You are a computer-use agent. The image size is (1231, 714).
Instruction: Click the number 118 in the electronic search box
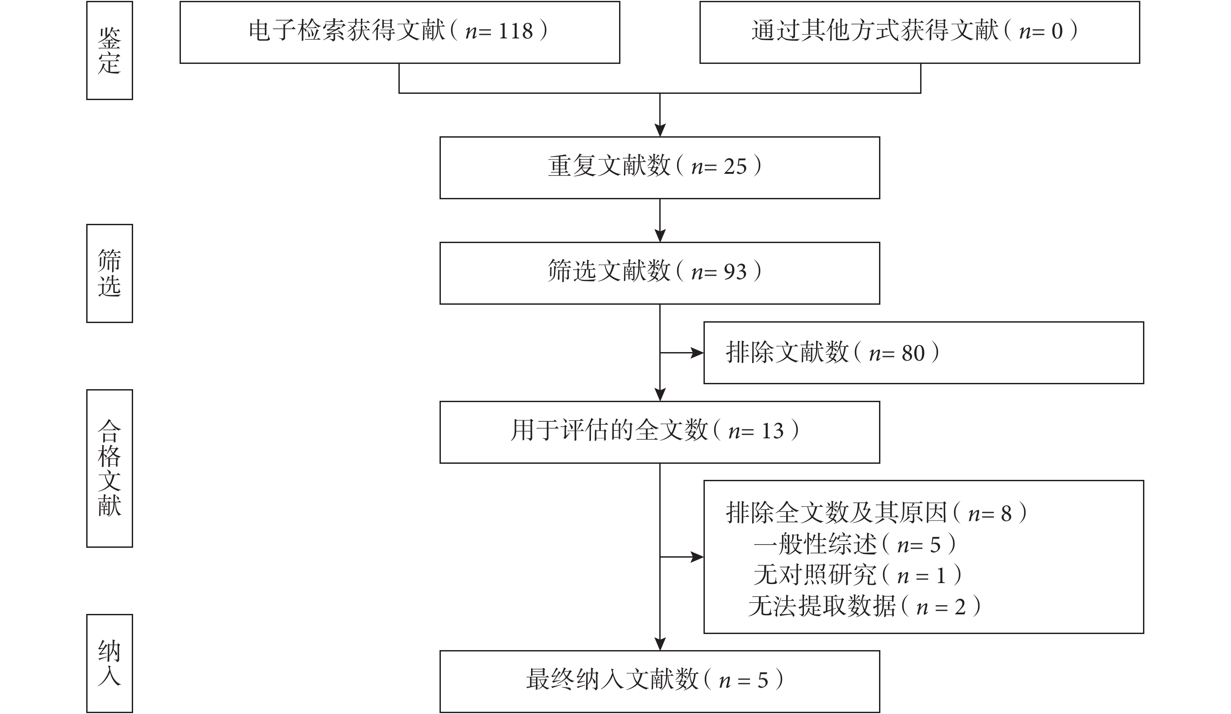515,31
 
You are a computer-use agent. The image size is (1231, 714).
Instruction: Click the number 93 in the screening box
735,272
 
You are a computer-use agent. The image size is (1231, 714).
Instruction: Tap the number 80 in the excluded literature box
913,353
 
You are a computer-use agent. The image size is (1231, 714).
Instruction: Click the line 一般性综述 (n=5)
855,544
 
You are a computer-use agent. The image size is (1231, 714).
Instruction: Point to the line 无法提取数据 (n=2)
865,606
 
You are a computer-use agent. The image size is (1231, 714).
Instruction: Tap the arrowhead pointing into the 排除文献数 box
697,353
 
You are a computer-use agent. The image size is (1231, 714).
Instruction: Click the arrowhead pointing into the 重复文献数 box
660,130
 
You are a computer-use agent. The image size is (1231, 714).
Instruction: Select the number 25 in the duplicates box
735,167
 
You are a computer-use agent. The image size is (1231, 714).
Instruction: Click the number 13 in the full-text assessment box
772,431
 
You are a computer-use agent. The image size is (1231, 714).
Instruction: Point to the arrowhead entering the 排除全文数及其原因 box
697,557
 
